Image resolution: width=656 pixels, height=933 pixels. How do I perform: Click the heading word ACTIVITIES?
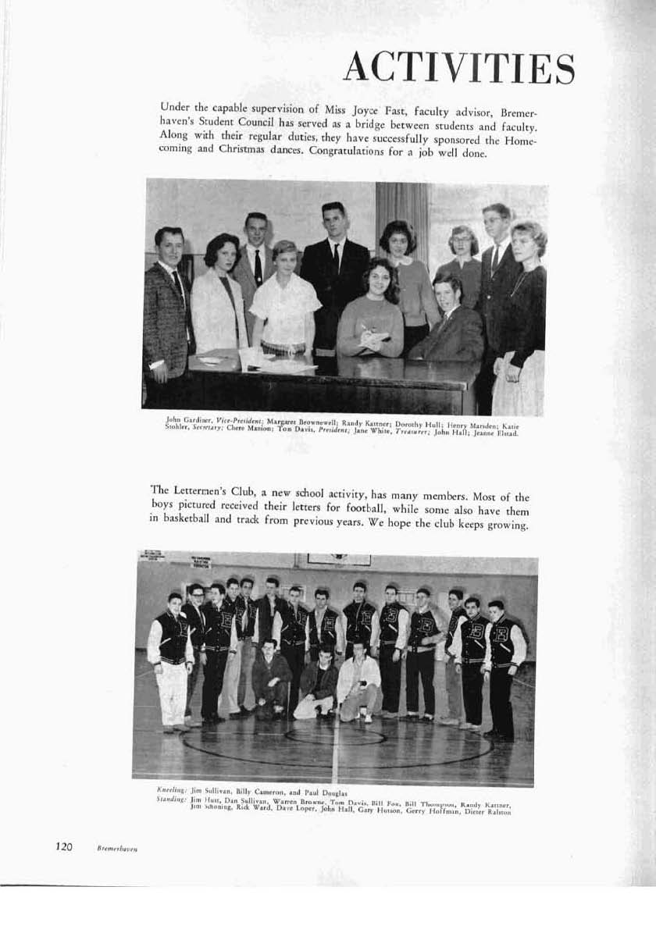[x=459, y=69]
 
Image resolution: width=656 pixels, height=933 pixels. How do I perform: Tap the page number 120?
[x=64, y=846]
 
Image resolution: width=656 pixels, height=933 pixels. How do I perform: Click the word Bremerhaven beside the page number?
[x=118, y=847]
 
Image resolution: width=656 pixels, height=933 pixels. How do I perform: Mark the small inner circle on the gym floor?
[x=335, y=735]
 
